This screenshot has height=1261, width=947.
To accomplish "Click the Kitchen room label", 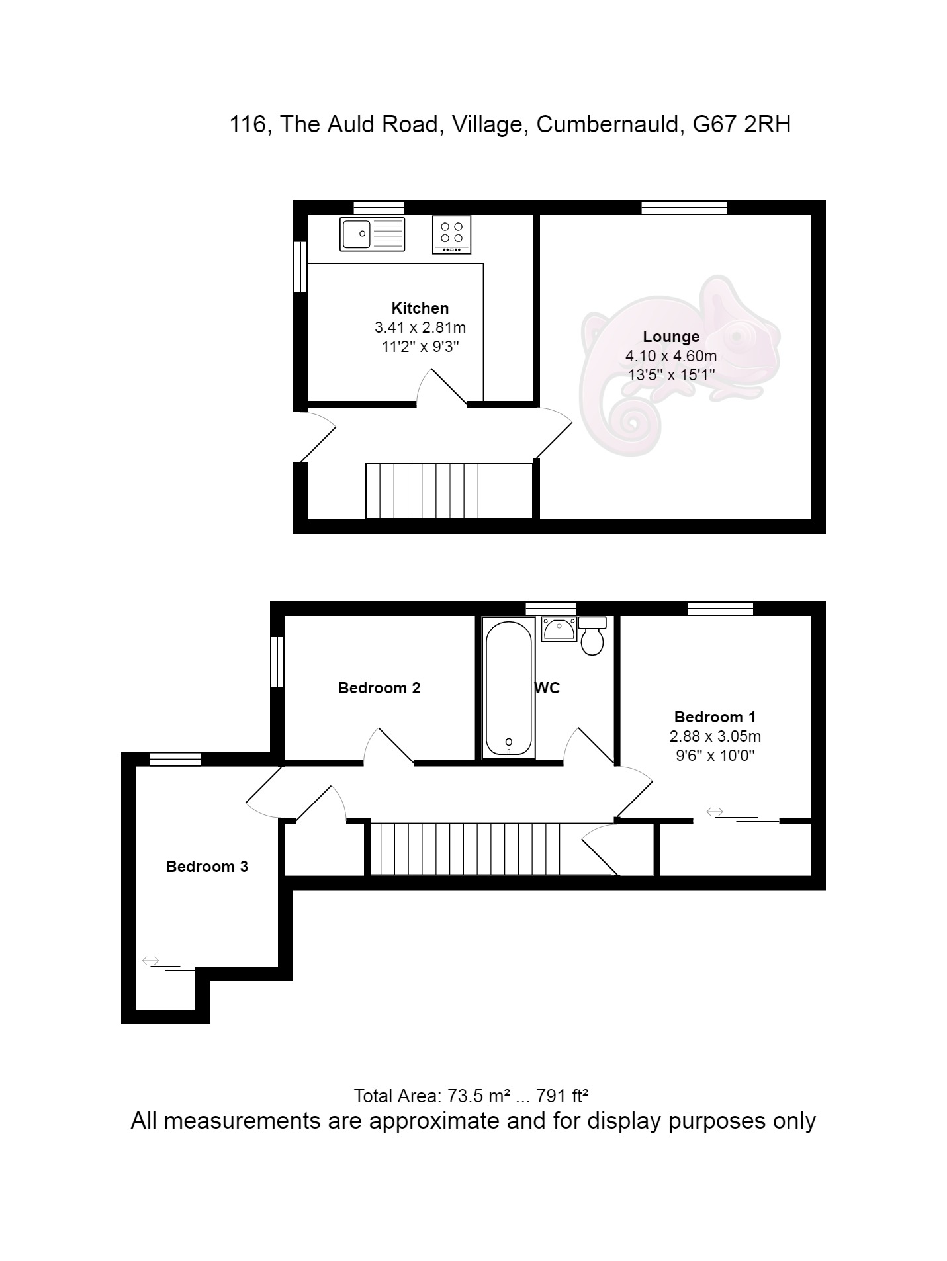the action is pyautogui.click(x=420, y=308).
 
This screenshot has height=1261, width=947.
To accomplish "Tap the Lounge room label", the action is pyautogui.click(x=671, y=337).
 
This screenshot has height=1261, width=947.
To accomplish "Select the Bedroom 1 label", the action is pyautogui.click(x=715, y=717).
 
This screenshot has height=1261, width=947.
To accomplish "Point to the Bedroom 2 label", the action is pyautogui.click(x=379, y=688).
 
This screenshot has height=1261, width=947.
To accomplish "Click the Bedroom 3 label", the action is pyautogui.click(x=207, y=867).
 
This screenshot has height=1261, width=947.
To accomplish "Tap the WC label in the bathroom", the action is pyautogui.click(x=547, y=688).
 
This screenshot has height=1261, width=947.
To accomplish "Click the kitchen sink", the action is pyautogui.click(x=372, y=234).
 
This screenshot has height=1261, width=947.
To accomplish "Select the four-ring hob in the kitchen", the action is pyautogui.click(x=452, y=234).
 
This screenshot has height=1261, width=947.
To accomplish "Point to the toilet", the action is pyautogui.click(x=592, y=635).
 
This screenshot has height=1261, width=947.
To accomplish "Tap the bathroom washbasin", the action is pyautogui.click(x=559, y=629).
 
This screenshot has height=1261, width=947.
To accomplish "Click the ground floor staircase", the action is pyautogui.click(x=422, y=491).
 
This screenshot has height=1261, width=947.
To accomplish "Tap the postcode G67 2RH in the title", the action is pyautogui.click(x=741, y=124).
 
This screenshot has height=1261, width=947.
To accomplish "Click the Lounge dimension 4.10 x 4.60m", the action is pyautogui.click(x=671, y=356).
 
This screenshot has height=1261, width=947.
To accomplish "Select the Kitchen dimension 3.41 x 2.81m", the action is pyautogui.click(x=420, y=327).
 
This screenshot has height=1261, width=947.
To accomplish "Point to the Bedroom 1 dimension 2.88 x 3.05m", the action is pyautogui.click(x=715, y=736).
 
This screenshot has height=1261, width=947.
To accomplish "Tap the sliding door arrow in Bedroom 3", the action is pyautogui.click(x=151, y=960).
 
